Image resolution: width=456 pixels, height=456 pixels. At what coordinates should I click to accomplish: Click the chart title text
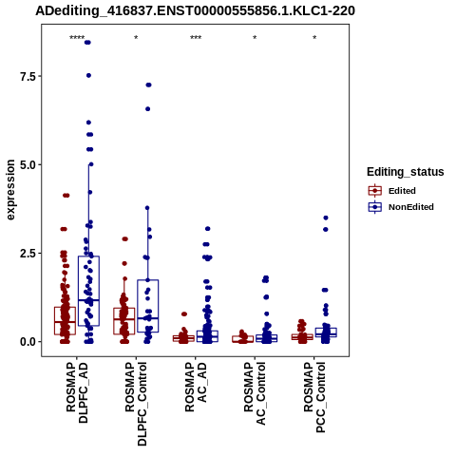tap(195, 10)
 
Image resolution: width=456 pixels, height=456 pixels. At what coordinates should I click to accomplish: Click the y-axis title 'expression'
tap(10, 190)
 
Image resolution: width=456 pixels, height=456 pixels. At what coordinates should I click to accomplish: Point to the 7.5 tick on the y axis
tap(28, 76)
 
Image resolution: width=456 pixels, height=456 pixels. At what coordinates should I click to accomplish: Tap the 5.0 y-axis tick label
tap(28, 164)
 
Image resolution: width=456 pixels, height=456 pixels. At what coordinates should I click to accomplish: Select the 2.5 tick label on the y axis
tap(28, 254)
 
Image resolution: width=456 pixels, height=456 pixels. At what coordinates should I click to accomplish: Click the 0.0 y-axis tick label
tap(28, 342)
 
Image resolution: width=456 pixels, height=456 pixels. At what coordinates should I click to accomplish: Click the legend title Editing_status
tap(406, 172)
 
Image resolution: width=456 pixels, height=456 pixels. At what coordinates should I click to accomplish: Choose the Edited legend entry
tap(391, 191)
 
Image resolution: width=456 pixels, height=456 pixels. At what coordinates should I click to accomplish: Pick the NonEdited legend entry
tap(401, 207)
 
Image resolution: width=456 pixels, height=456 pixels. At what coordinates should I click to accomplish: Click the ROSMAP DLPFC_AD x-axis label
tap(77, 392)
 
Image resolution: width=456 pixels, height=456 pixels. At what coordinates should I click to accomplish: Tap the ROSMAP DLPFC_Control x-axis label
tap(136, 404)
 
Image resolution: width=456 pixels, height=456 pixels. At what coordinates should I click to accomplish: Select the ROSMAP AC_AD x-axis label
tap(196, 387)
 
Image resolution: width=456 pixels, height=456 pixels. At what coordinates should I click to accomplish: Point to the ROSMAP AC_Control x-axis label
tap(255, 393)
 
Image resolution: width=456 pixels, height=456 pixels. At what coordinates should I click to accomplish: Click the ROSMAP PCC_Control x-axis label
tap(314, 397)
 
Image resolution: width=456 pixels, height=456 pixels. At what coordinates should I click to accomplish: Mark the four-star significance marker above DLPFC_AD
tap(77, 38)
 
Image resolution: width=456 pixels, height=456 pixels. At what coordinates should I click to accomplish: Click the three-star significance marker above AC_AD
tap(196, 38)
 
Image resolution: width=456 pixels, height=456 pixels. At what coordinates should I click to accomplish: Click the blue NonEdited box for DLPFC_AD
tap(88, 291)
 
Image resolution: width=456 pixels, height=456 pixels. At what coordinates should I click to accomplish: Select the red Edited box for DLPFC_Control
tap(124, 321)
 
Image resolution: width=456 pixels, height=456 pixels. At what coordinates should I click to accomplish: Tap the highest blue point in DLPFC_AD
tap(87, 43)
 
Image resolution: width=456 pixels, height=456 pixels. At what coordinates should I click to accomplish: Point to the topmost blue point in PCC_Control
tap(326, 218)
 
